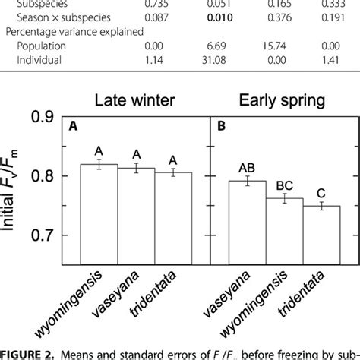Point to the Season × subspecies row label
[46, 17]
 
